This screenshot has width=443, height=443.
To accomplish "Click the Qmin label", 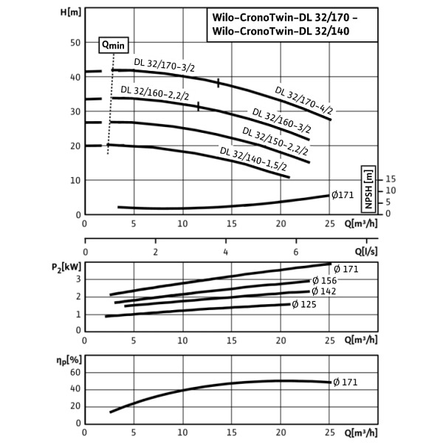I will pyautogui.click(x=113, y=45).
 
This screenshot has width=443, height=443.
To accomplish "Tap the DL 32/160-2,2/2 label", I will pyautogui.click(x=157, y=93).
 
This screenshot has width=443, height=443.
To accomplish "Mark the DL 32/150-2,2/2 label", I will pyautogui.click(x=275, y=141).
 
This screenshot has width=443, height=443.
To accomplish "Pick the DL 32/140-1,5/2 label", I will pyautogui.click(x=253, y=159).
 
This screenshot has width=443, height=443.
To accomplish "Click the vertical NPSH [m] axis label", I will pyautogui.click(x=368, y=190).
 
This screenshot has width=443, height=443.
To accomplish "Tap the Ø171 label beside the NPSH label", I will pyautogui.click(x=343, y=195).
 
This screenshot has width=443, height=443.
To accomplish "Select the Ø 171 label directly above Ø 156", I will pyautogui.click(x=346, y=269).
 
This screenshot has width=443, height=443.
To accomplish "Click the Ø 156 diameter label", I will pyautogui.click(x=324, y=281).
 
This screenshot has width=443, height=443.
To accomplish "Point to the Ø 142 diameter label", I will pyautogui.click(x=324, y=291).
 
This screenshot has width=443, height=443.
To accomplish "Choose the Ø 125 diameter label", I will pyautogui.click(x=304, y=303).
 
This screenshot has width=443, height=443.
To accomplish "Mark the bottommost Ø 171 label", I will pyautogui.click(x=345, y=382).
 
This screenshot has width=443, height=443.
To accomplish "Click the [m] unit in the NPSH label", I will pyautogui.click(x=368, y=176).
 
